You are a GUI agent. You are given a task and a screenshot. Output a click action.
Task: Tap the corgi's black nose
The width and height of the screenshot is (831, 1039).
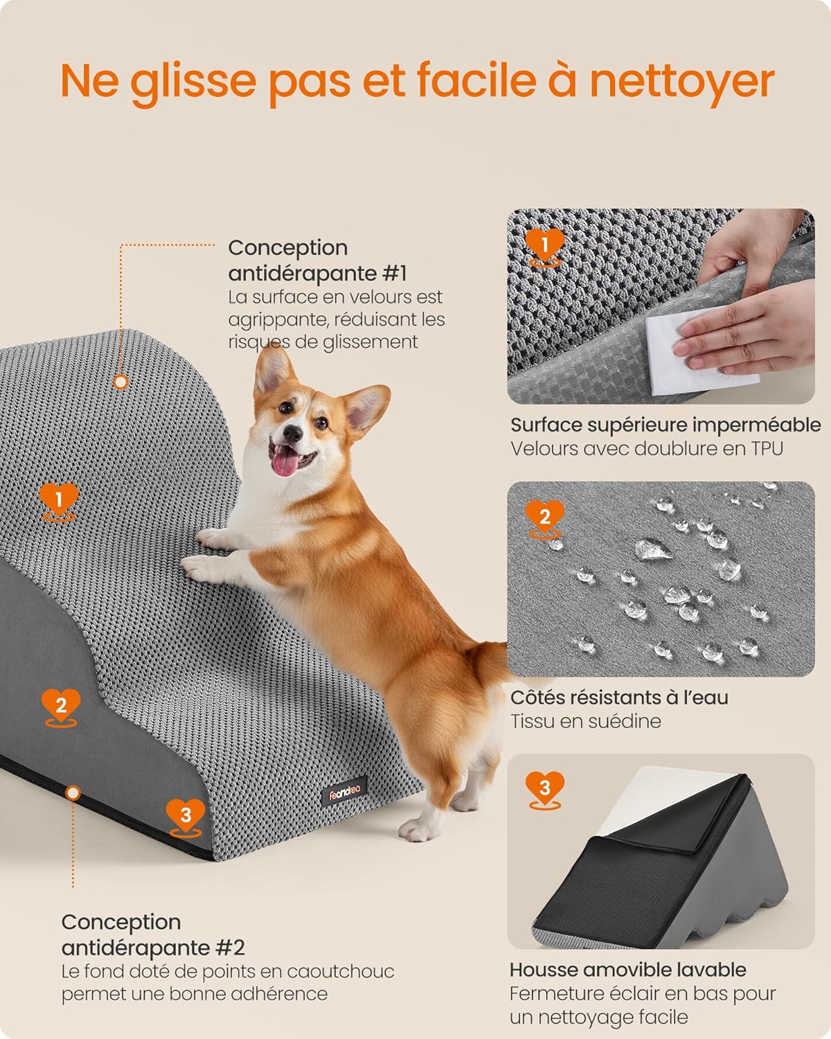coord(292,434)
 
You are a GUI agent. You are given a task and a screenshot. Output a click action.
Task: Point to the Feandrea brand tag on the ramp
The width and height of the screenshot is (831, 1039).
coord(343,790)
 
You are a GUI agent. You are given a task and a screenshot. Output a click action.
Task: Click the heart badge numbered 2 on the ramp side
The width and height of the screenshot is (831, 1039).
coord(61,706)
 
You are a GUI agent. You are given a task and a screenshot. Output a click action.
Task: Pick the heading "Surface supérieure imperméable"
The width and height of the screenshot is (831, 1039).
coord(669,425)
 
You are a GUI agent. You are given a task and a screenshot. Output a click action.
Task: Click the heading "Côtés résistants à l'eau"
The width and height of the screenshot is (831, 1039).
coord(619,698)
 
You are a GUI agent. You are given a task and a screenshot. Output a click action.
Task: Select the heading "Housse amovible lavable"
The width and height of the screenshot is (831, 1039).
coord(628,970)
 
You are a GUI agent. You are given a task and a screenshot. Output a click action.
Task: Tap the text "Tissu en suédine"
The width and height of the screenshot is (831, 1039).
coord(586,721)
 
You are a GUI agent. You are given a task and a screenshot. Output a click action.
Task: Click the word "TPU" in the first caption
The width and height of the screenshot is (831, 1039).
coord(766,448)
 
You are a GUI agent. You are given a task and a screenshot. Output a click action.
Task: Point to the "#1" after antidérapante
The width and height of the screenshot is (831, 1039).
coord(395,273)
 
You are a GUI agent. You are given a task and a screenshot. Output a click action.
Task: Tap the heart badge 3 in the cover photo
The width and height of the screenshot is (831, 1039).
coord(544,788)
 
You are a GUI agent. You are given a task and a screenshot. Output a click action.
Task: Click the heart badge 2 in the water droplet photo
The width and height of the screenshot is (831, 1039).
coord(544,516)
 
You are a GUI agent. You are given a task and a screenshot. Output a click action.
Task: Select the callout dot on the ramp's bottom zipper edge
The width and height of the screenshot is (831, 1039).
coord(73,792)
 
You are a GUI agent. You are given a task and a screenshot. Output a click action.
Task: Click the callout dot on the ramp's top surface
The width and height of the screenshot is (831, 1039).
coord(120,382)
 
